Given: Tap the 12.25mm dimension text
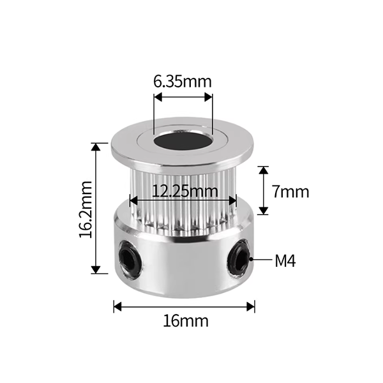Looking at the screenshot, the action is (184, 191).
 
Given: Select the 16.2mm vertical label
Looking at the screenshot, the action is (86, 209).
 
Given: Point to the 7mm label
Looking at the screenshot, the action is (290, 191).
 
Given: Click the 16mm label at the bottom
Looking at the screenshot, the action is (186, 321).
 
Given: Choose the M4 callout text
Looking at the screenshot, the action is (285, 261).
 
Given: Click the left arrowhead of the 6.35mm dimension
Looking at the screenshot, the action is (158, 97).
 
